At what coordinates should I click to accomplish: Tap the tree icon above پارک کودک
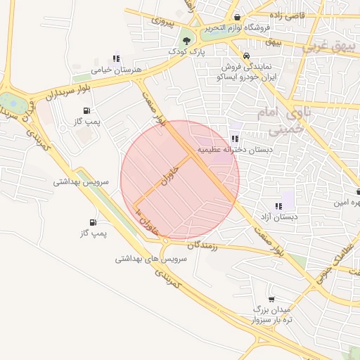click(186, 40)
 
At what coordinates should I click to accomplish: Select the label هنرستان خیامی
click(117, 70)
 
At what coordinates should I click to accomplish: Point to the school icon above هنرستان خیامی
click(116, 59)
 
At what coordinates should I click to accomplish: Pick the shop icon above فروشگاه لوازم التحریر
click(238, 17)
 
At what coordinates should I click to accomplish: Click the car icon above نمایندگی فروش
click(246, 56)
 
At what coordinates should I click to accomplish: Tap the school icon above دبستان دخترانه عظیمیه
click(234, 139)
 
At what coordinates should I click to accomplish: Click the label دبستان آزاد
click(278, 217)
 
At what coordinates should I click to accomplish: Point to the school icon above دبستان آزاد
click(278, 206)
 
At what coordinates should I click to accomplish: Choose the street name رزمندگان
click(204, 245)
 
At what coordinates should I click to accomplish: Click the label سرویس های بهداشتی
click(150, 259)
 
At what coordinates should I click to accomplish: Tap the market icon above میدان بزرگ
click(271, 299)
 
